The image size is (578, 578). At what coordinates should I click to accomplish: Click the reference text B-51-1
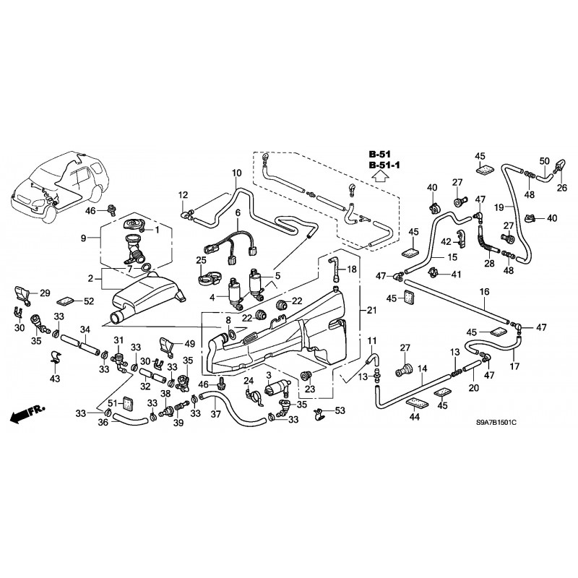point(386,165)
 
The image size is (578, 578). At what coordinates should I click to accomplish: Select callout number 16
point(485,291)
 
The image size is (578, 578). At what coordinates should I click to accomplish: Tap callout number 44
point(415,416)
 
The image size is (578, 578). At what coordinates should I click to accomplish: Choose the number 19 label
point(499,207)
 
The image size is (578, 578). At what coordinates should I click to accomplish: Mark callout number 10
point(236,173)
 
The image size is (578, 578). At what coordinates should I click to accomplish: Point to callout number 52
point(88,300)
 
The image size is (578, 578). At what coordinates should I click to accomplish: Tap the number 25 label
point(201,259)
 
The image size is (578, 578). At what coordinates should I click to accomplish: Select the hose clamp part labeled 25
point(207,275)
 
